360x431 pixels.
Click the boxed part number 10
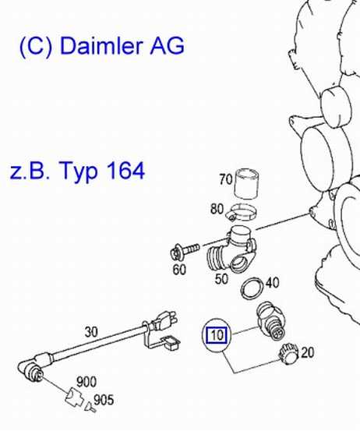tap(217, 335)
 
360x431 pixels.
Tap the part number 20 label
tap(307, 352)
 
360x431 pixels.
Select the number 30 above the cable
tap(91, 332)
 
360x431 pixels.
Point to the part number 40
tap(273, 283)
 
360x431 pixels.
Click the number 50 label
tap(221, 279)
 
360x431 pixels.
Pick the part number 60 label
tap(179, 270)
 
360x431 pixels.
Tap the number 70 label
tap(226, 179)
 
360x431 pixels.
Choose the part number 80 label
tap(217, 209)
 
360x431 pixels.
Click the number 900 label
tap(86, 382)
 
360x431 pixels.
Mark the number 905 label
tap(104, 401)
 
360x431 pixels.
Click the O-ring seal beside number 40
tap(252, 288)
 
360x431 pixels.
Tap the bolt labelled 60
tap(185, 251)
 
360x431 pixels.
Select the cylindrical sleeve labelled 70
tap(246, 183)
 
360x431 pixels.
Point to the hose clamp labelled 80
tap(242, 213)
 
